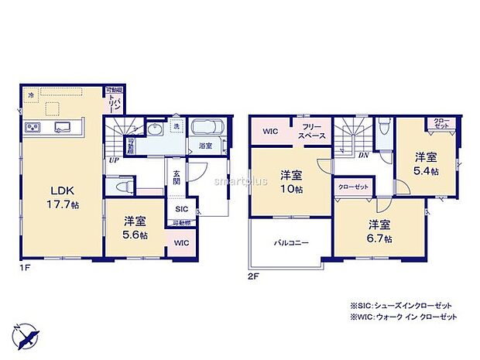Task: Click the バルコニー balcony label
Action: (x=290, y=242)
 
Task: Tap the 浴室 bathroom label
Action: (x=206, y=146)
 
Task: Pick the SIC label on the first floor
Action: (x=181, y=209)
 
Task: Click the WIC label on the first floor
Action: (x=180, y=242)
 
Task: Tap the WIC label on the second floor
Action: (x=269, y=132)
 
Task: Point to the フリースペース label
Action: (x=313, y=132)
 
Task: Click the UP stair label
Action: (x=114, y=160)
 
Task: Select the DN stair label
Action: (x=362, y=155)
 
